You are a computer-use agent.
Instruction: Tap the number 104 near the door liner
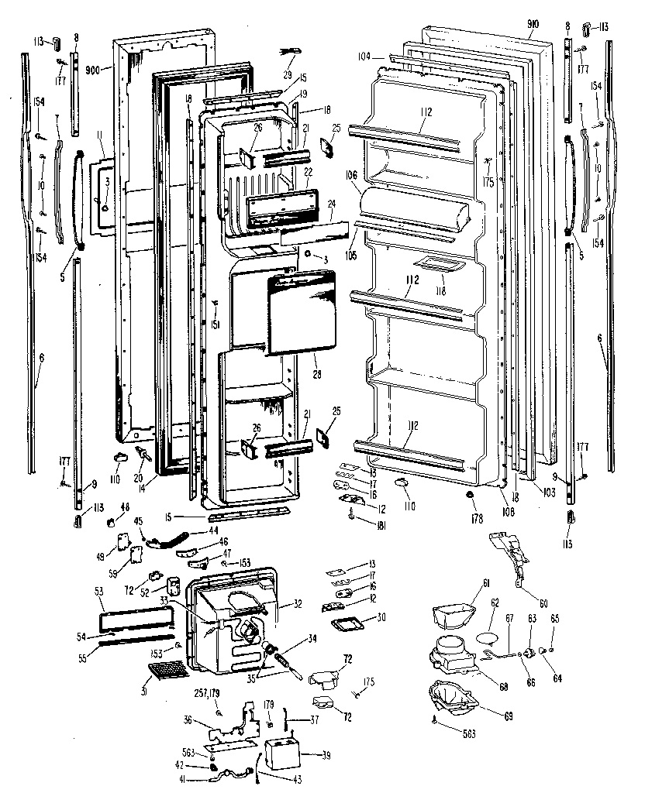point(366,56)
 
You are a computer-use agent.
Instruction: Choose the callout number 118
point(441,291)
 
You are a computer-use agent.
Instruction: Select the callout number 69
point(508,717)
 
